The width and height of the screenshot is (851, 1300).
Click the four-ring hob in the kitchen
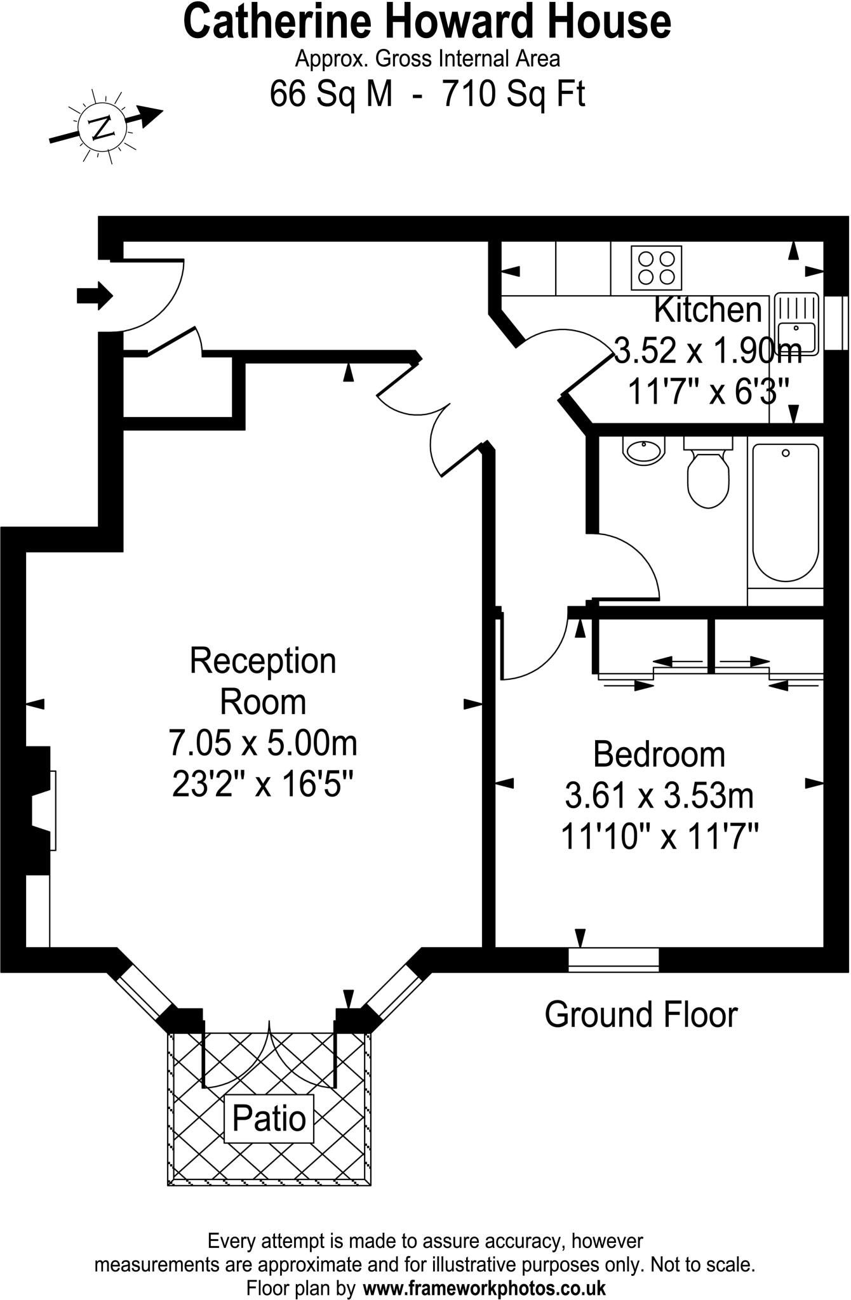point(656,268)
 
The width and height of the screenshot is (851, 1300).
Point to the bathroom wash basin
point(644,450)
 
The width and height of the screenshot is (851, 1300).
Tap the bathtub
point(786,513)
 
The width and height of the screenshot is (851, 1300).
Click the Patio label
point(269,1119)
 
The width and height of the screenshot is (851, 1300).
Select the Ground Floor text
point(641,1015)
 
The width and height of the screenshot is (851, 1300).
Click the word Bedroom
point(659,755)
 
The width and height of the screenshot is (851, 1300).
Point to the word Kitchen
point(707,310)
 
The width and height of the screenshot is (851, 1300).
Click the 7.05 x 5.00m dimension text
point(263,743)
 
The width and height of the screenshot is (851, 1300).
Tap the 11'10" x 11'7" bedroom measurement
point(659,837)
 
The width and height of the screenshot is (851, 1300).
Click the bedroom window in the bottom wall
point(613,960)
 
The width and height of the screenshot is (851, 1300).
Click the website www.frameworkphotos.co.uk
point(484,1288)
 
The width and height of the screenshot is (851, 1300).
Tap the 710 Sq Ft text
point(513,94)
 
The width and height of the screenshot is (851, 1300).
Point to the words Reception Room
point(263,681)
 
